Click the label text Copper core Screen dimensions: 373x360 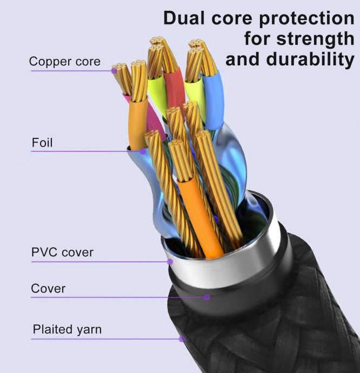pyautogui.click(x=64, y=62)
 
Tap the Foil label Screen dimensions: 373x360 pyautogui.click(x=42, y=143)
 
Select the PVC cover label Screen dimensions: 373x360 pyautogui.click(x=62, y=252)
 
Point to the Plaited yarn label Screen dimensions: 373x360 pyautogui.click(x=66, y=329)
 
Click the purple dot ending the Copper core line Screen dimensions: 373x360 pyautogui.click(x=115, y=70)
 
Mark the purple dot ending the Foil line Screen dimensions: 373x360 pyautogui.click(x=143, y=151)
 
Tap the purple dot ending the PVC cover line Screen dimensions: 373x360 pyautogui.click(x=170, y=262)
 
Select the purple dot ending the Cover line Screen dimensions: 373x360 pyautogui.click(x=206, y=297)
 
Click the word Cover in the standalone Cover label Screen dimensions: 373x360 pyautogui.click(x=48, y=289)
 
